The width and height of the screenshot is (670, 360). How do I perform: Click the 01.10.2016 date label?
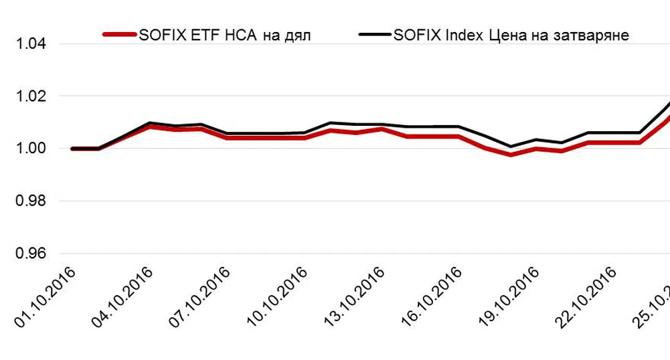click(46, 297)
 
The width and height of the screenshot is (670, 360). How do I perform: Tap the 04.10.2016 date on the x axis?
click(122, 297)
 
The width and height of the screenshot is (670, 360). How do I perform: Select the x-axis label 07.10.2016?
click(199, 297)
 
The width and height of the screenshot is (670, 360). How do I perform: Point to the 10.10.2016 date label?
click(276, 297)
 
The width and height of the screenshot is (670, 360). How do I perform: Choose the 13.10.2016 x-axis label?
click(354, 297)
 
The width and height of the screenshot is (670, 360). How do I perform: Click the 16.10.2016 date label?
click(431, 297)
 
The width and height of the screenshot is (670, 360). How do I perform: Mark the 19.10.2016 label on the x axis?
click(509, 297)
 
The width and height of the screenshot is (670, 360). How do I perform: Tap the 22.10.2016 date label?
click(586, 297)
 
